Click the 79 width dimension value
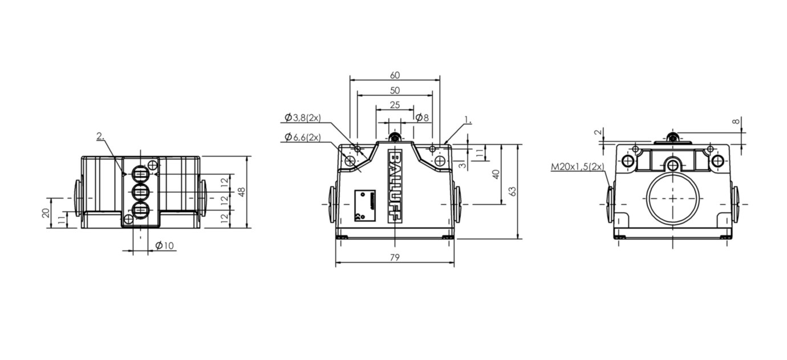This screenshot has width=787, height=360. click(394, 258)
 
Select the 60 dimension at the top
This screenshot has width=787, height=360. click(395, 75)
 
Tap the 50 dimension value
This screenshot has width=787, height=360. click(395, 90)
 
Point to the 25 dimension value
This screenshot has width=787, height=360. click(395, 105)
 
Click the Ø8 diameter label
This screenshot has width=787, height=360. click(421, 118)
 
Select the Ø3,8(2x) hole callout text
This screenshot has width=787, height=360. click(303, 118)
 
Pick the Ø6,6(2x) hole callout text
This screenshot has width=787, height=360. click(303, 137)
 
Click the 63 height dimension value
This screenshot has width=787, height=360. click(513, 191)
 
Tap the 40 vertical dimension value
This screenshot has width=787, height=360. click(496, 174)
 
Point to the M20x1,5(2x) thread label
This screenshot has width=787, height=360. click(578, 167)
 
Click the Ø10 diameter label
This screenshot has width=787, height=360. click(165, 245)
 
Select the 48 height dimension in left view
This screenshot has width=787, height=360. click(241, 192)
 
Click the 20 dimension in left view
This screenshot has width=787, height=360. click(46, 213)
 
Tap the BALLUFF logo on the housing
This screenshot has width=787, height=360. click(394, 186)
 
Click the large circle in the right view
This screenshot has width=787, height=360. click(673, 199)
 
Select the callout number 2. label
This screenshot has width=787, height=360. click(100, 136)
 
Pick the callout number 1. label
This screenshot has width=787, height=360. click(468, 120)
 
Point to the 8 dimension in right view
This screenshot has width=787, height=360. click(736, 122)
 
